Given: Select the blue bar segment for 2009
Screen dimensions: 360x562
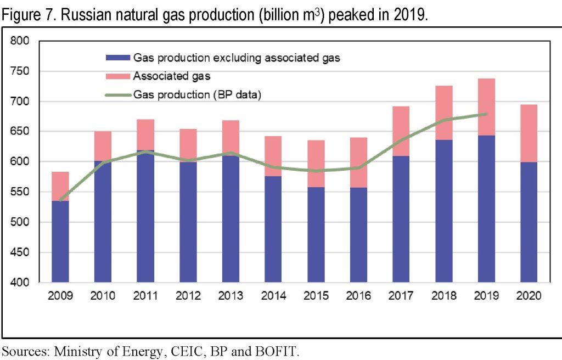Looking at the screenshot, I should [x=60, y=241].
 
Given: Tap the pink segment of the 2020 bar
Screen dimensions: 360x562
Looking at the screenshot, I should [x=530, y=133].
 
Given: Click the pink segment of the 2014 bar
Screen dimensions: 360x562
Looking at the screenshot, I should [x=274, y=156].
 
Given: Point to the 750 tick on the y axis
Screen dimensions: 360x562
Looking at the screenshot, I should [x=24, y=71].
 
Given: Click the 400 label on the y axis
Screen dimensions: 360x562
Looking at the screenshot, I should [x=24, y=283].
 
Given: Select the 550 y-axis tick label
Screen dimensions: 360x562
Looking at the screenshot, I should [x=24, y=192].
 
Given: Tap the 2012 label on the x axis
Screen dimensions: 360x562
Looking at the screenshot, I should [x=188, y=296].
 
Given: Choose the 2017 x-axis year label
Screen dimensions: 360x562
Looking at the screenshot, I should [x=402, y=296].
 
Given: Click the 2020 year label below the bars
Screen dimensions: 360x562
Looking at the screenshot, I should [x=530, y=296].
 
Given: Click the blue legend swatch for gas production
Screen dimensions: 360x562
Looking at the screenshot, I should [x=117, y=58].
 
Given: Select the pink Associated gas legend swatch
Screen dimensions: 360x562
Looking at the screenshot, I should [x=117, y=76].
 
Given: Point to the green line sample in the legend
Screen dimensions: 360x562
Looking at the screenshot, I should [x=117, y=95].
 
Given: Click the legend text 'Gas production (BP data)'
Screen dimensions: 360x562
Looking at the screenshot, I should [x=196, y=95].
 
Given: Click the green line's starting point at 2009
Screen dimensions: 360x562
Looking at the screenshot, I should [x=60, y=200].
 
